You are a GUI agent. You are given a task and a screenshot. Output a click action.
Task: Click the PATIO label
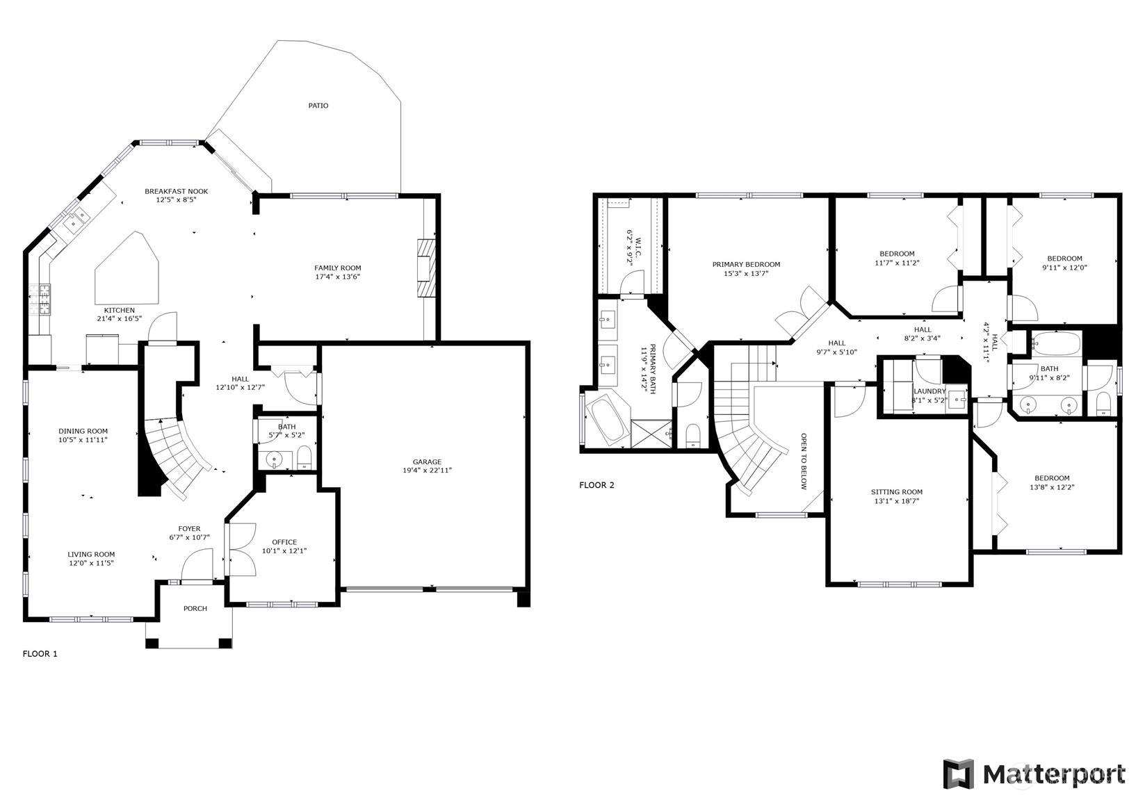318,106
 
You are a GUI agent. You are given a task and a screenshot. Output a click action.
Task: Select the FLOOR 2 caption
596,485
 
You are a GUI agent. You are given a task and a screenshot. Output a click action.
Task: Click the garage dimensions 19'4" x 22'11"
427,471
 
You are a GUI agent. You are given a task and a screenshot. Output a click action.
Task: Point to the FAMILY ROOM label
337,268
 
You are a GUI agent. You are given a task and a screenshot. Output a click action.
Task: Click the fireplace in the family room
425,269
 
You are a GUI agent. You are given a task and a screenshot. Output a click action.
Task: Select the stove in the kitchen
40,300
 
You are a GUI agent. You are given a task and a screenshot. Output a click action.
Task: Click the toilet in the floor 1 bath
304,457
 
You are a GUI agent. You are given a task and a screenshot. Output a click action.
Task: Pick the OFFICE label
284,542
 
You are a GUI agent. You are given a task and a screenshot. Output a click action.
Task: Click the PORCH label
195,608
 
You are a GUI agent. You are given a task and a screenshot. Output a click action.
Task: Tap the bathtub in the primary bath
607,420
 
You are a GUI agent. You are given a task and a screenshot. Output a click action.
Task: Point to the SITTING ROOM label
896,492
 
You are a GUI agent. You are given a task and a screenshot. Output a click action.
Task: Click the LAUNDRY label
929,391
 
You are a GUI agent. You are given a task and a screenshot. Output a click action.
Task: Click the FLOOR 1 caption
40,653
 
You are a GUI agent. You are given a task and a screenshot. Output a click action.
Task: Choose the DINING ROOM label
83,431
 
